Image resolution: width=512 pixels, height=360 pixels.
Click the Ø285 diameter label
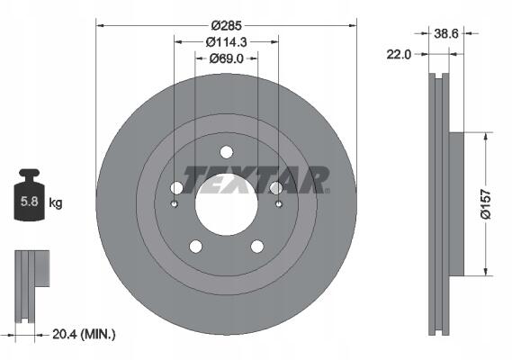(226, 25)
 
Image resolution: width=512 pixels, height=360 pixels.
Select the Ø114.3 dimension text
(226, 42)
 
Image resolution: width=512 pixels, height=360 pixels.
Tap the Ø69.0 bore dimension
(226, 58)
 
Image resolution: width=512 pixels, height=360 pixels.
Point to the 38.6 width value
(446, 33)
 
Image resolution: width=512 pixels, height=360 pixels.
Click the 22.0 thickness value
(399, 54)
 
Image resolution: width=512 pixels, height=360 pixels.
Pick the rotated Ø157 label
(486, 204)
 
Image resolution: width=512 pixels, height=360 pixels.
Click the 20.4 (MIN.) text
(84, 334)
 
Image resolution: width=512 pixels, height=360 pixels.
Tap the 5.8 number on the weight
(30, 202)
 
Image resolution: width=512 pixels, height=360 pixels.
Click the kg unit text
(56, 202)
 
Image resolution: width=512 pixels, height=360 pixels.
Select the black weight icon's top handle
(30, 174)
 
